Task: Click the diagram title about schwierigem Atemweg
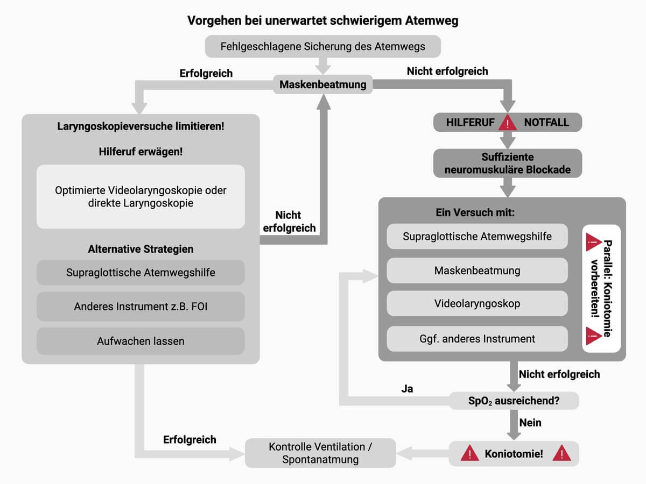click(322, 20)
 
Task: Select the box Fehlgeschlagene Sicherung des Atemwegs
click(322, 46)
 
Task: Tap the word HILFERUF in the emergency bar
click(470, 123)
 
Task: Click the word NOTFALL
click(546, 123)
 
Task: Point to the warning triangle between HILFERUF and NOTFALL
click(508, 123)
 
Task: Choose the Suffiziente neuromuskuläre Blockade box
click(508, 163)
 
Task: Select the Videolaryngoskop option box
click(477, 304)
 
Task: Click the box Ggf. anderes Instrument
click(477, 339)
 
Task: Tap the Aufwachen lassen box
click(141, 341)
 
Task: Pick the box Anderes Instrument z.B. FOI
click(141, 307)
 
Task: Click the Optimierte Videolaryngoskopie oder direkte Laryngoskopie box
click(141, 197)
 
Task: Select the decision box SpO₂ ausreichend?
click(514, 401)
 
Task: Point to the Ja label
click(407, 388)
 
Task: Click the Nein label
click(530, 423)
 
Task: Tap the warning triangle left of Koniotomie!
click(470, 453)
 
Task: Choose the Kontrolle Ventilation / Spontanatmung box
click(320, 453)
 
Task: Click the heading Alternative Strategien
click(141, 250)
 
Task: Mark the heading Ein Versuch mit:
click(475, 212)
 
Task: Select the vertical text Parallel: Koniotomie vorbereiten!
click(601, 288)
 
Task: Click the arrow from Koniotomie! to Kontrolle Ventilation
click(423, 453)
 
